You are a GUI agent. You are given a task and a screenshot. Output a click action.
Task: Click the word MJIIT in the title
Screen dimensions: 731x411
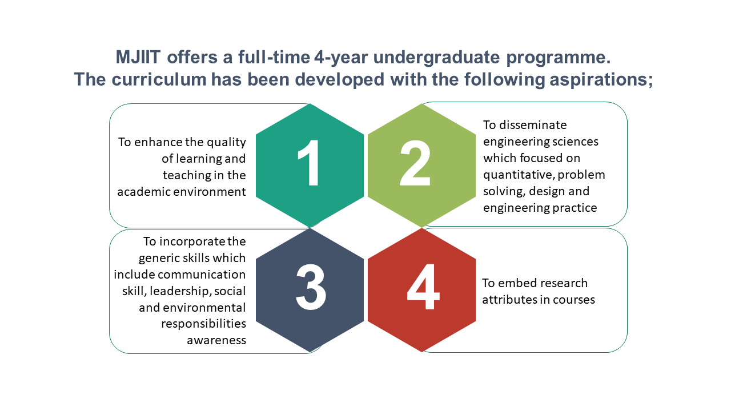(138, 57)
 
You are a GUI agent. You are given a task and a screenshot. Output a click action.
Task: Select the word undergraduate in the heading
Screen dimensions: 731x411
(436, 58)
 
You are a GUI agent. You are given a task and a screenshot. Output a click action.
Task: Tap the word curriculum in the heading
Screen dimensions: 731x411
(159, 79)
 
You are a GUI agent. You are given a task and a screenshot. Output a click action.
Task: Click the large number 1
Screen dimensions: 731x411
(309, 163)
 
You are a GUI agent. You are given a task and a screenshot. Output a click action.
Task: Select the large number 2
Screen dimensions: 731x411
(415, 163)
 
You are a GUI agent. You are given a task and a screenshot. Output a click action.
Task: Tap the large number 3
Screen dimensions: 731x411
(311, 287)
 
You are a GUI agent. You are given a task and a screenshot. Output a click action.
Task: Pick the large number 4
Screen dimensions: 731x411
(423, 287)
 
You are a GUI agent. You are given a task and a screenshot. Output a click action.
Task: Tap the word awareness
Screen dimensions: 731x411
(216, 341)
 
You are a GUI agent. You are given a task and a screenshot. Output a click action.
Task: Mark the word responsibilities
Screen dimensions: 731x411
(204, 324)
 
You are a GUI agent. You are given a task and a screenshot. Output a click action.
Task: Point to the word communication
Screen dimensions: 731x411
(202, 275)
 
